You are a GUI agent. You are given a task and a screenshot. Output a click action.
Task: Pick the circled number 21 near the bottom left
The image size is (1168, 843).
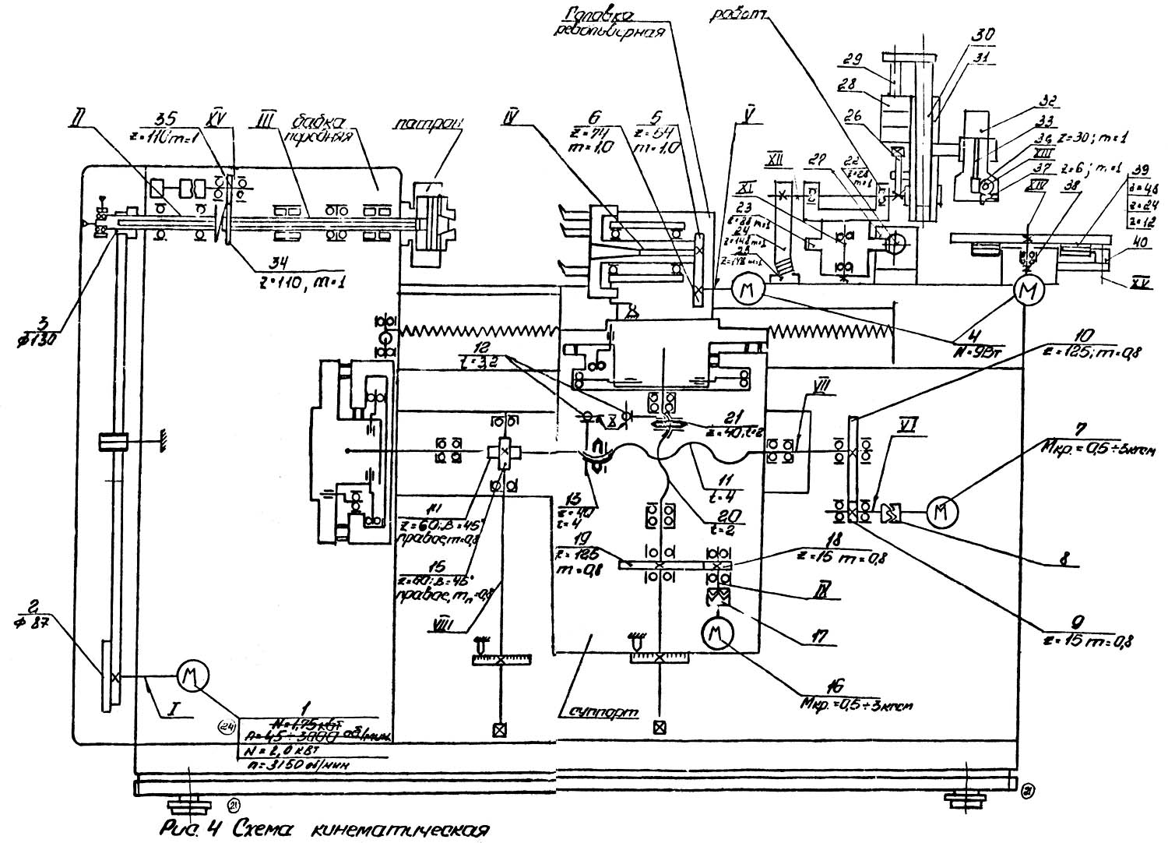(234, 803)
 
